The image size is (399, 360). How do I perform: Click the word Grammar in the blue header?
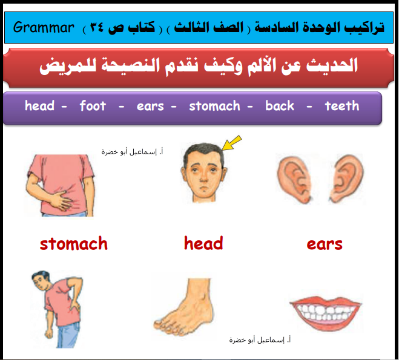pos(44,27)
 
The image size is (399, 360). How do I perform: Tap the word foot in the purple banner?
pos(93,105)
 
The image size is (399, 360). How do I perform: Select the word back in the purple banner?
pos(280,105)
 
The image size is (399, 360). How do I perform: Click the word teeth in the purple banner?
pos(342,105)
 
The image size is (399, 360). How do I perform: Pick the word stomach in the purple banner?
pos(214,106)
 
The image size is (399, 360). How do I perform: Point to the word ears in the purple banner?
pos(150,106)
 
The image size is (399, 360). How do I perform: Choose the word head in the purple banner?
pos(40,105)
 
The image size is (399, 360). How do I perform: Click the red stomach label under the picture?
pos(74,243)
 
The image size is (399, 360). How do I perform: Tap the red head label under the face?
pos(203,243)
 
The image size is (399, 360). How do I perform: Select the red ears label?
pos(325,244)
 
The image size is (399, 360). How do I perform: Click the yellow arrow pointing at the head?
pos(231,143)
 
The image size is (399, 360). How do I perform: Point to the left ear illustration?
pos(294,178)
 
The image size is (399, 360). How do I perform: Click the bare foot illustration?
pos(185,307)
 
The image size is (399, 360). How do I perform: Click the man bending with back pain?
pos(58,309)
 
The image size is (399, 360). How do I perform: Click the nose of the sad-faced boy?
pos(203,176)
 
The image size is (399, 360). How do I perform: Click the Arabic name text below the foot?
pos(260,339)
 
